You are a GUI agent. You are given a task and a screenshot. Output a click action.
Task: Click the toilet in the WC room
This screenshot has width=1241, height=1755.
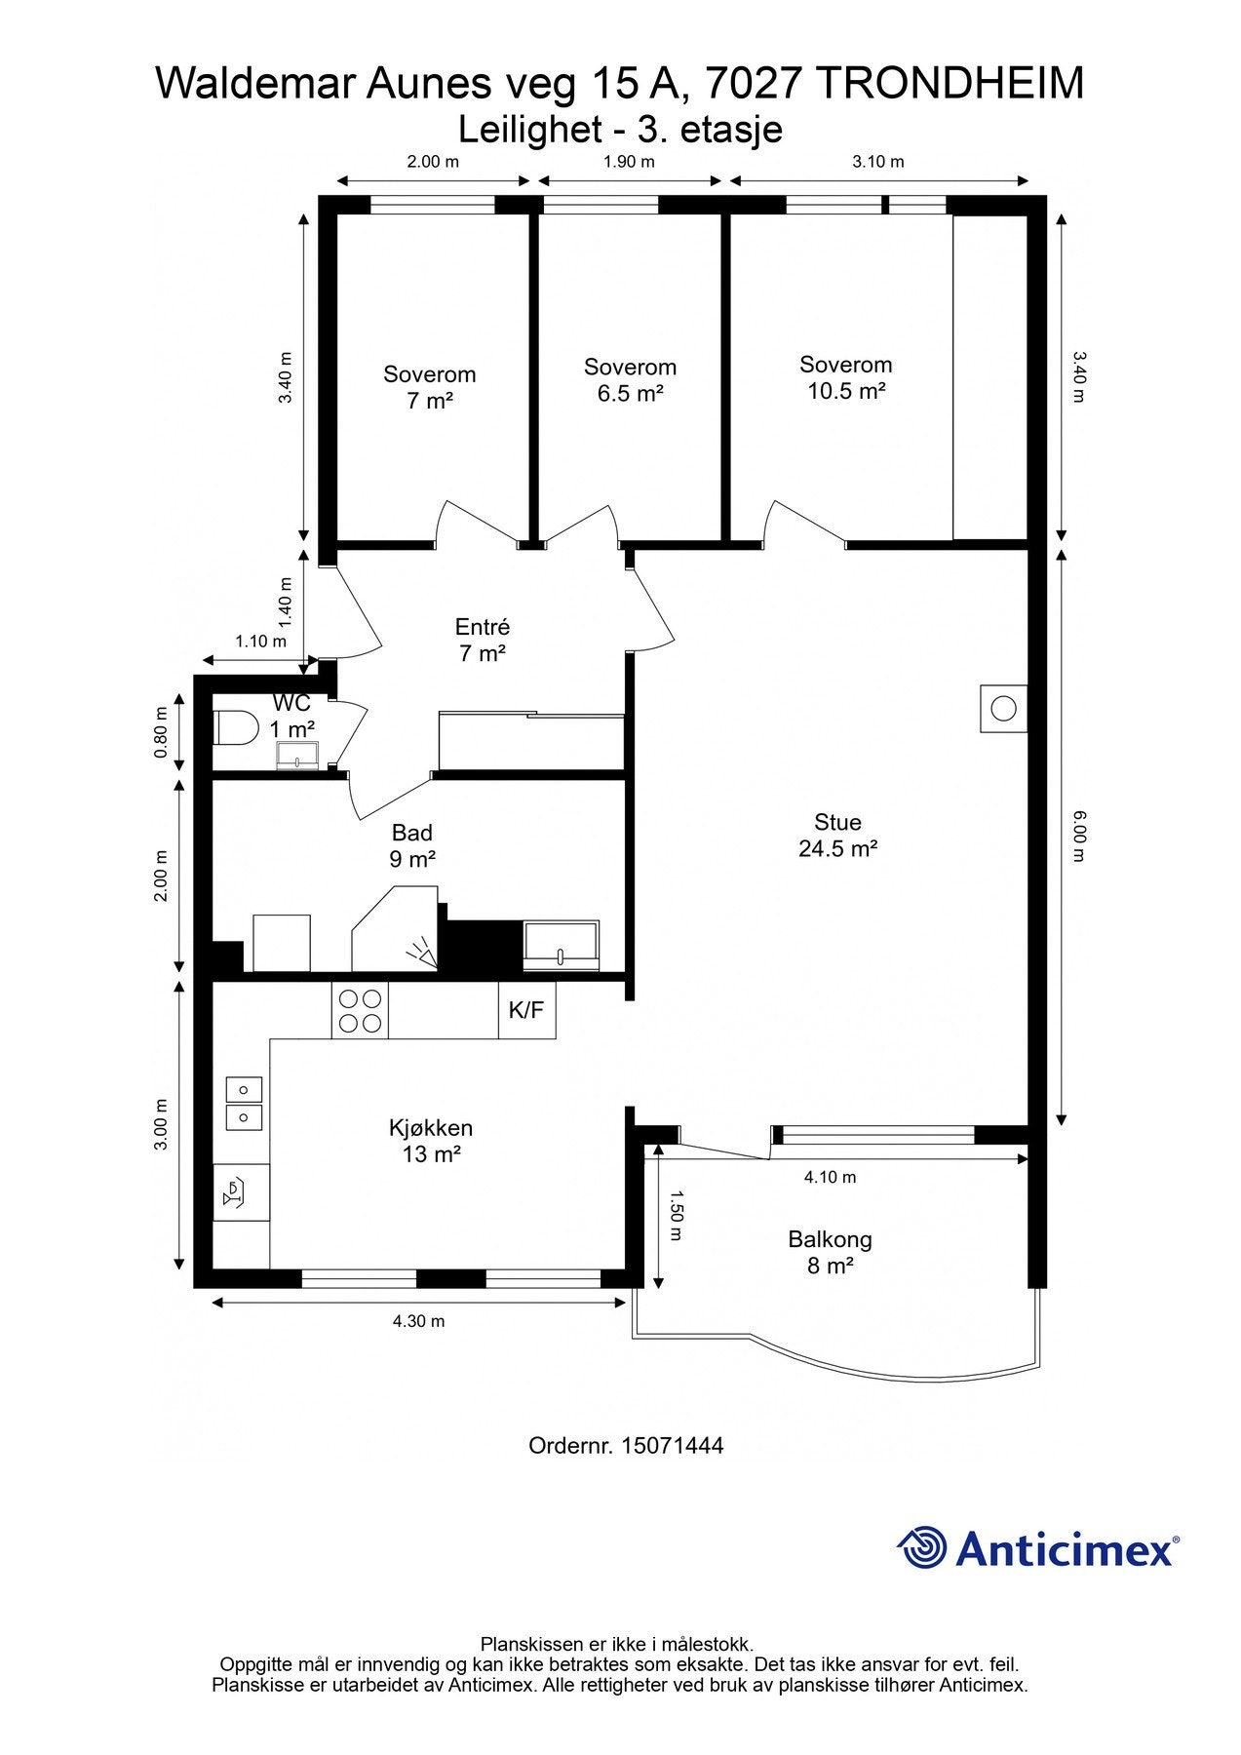click(235, 727)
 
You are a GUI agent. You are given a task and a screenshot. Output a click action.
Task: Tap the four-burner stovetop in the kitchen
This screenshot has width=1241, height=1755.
click(360, 1011)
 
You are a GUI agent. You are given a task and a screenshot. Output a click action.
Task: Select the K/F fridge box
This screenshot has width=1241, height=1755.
click(526, 1011)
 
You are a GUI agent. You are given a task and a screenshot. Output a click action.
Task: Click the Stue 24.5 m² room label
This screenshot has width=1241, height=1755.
click(838, 836)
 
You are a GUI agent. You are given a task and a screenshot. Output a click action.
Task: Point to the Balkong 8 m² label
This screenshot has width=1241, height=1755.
click(831, 1253)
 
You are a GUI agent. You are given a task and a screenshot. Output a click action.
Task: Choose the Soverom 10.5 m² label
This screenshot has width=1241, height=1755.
click(846, 377)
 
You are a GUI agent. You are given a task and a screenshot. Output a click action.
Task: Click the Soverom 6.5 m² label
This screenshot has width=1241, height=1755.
click(631, 380)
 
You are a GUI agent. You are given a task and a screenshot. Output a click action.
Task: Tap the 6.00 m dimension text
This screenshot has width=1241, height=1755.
click(1078, 837)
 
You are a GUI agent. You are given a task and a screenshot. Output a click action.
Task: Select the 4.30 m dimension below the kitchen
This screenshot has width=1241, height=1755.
click(419, 1321)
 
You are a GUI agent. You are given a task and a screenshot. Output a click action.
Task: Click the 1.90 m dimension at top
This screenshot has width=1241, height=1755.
click(629, 162)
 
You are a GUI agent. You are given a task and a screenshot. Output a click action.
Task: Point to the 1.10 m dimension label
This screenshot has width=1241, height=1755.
click(261, 642)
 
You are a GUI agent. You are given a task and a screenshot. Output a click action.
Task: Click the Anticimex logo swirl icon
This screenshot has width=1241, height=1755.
click(922, 1547)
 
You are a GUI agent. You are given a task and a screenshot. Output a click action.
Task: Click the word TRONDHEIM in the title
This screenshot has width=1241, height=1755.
click(950, 84)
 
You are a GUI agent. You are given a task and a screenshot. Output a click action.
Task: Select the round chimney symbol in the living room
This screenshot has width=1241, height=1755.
click(1003, 708)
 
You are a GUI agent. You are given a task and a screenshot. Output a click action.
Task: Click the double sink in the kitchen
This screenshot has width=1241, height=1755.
click(244, 1103)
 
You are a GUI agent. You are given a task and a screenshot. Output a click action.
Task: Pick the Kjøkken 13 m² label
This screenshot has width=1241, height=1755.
click(431, 1141)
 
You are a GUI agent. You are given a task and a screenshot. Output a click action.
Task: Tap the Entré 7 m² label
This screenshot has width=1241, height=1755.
click(483, 640)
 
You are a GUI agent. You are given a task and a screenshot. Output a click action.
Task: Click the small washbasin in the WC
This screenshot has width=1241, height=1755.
click(297, 756)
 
